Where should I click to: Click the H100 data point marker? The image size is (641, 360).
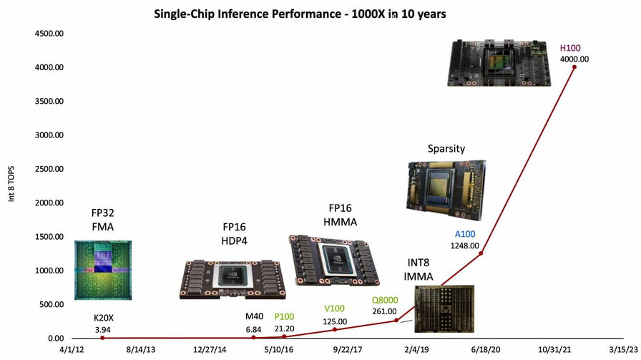tap(574, 67)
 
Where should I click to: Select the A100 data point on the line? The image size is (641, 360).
tap(481, 253)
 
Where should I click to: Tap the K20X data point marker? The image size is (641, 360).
tap(103, 338)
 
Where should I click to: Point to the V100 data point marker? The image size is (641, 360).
tap(335, 329)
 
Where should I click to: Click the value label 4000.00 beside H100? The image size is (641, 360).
tap(574, 59)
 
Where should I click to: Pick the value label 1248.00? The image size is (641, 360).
tap(464, 245)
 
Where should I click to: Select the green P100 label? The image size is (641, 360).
tap(284, 317)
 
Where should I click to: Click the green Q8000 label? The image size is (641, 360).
tap(385, 300)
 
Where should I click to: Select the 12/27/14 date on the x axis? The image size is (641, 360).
tap(211, 349)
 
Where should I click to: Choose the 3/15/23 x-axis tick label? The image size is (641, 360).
tap(621, 349)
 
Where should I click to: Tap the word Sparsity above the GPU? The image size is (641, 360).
tap(446, 149)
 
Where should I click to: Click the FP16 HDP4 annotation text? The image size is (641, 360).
tap(235, 233)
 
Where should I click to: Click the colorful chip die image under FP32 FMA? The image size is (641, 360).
tap(104, 270)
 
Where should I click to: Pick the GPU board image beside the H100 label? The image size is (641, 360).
tap(499, 63)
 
